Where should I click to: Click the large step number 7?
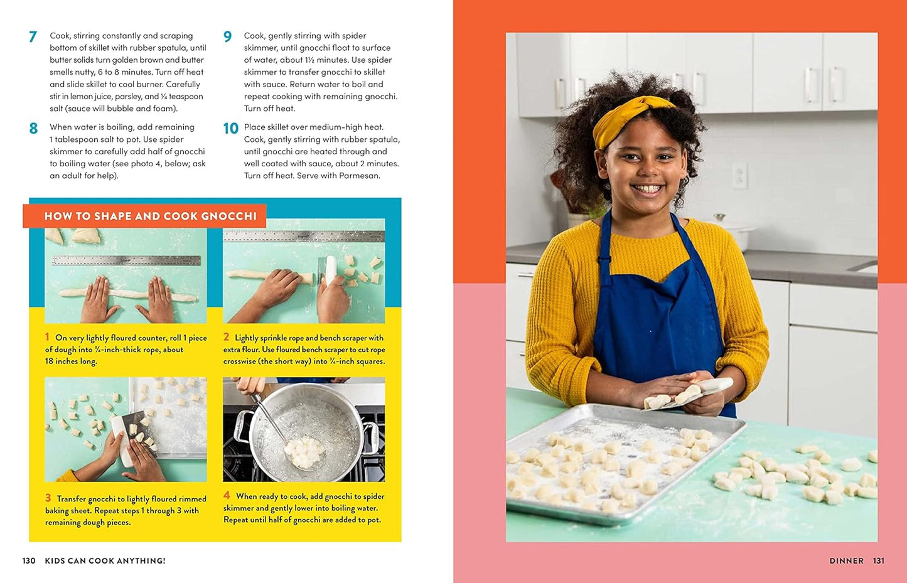pyautogui.click(x=33, y=37)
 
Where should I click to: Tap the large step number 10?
pyautogui.click(x=230, y=129)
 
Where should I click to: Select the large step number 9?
pyautogui.click(x=227, y=37)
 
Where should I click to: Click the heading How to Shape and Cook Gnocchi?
pyautogui.click(x=150, y=216)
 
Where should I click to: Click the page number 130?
pyautogui.click(x=29, y=560)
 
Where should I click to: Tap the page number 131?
pyautogui.click(x=878, y=560)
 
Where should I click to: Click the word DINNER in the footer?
pyautogui.click(x=846, y=560)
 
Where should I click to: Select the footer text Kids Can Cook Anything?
pyautogui.click(x=105, y=560)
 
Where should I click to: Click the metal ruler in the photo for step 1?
pyautogui.click(x=126, y=260)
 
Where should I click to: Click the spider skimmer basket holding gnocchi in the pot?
pyautogui.click(x=304, y=452)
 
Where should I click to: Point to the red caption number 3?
pyautogui.click(x=48, y=498)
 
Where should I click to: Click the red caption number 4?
pyautogui.click(x=227, y=496)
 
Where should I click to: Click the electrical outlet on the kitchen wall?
pyautogui.click(x=740, y=174)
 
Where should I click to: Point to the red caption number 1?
pyautogui.click(x=48, y=337)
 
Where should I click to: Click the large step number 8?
pyautogui.click(x=33, y=129)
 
